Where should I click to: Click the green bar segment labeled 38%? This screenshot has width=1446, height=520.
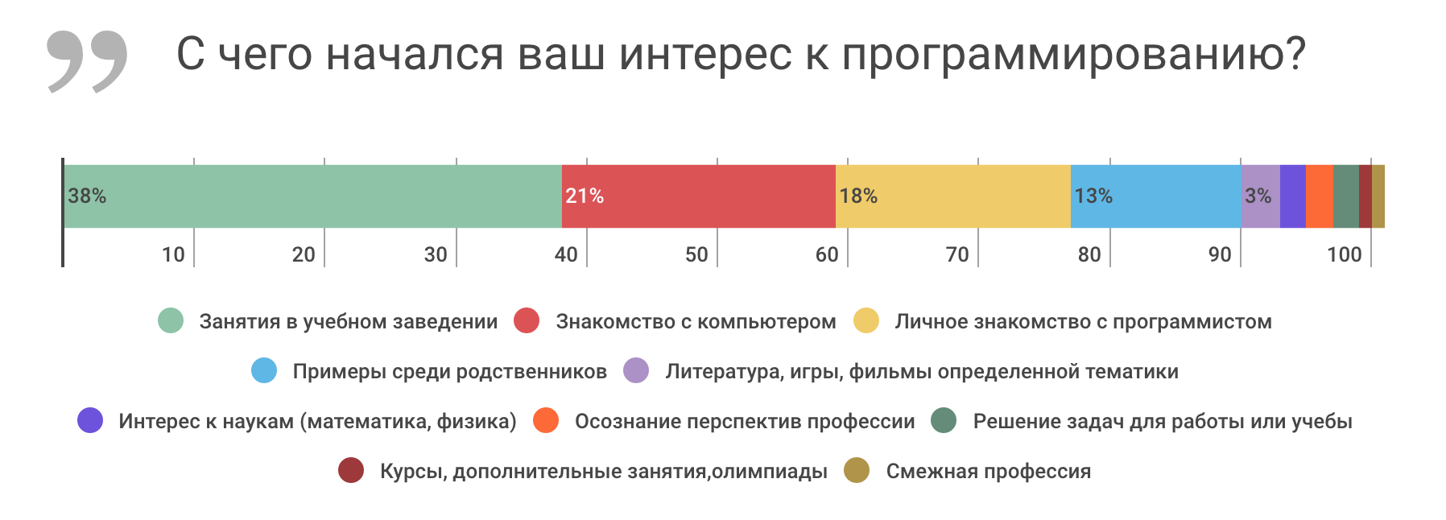click(312, 196)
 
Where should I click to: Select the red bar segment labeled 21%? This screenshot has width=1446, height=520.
click(698, 196)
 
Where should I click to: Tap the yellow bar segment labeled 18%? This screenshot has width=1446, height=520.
click(952, 196)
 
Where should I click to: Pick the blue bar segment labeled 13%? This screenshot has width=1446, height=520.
click(1155, 196)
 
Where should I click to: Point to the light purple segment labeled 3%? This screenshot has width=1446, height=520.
click(1259, 196)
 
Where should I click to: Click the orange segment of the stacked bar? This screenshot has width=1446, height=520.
click(1319, 196)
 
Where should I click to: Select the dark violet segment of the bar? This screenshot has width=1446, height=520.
click(1292, 196)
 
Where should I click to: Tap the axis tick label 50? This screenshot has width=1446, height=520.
click(696, 254)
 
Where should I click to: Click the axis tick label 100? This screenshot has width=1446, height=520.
click(1344, 254)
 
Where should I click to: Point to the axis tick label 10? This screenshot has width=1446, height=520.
click(173, 254)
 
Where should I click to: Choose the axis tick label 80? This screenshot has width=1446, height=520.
click(1089, 254)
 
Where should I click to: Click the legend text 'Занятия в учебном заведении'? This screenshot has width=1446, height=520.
click(348, 321)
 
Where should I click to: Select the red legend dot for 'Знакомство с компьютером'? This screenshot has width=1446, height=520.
click(527, 320)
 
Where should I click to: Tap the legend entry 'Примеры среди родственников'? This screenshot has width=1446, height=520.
click(449, 371)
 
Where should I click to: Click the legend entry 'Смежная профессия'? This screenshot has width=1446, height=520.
click(988, 471)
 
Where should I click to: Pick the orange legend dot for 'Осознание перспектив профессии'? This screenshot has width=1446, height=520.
click(546, 420)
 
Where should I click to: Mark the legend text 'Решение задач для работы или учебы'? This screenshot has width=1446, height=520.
click(1162, 421)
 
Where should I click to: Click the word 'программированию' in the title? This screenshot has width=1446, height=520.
click(1073, 55)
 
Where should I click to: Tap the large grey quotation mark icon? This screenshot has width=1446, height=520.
click(87, 60)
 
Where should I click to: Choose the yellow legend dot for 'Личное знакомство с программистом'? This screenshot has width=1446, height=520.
click(866, 320)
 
